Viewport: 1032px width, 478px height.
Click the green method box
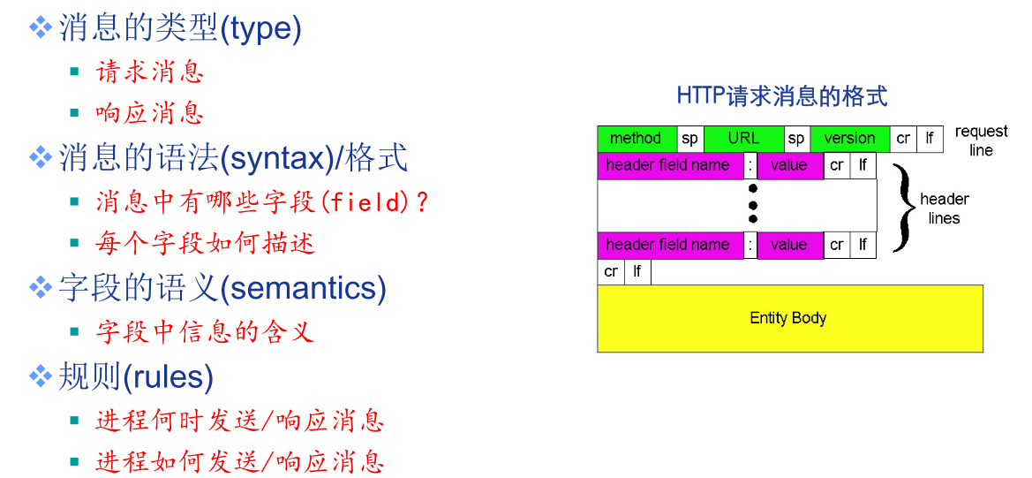637,139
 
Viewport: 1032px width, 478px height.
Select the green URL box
743,139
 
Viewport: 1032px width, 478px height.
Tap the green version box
849,139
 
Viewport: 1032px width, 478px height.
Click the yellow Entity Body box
790,319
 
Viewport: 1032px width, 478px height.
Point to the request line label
981,140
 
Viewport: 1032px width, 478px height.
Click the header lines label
944,208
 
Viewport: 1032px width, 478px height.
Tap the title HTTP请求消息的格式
782,96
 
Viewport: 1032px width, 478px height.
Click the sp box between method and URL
690,139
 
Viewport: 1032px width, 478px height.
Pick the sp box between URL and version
796,139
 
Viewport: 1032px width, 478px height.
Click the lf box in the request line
930,139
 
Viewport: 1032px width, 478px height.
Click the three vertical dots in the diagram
753,203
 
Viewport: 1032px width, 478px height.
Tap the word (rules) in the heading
169,377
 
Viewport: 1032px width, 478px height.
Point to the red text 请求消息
149,71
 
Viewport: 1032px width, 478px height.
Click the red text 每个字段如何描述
205,244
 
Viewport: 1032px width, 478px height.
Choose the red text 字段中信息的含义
205,332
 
